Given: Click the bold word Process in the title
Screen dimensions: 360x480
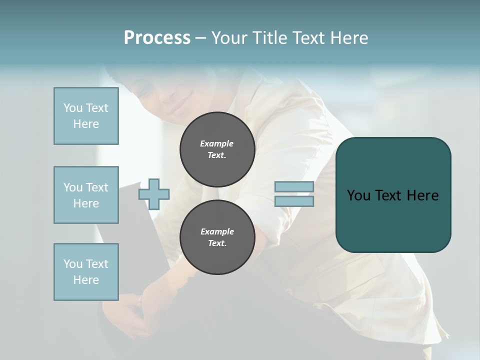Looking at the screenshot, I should point(157,38).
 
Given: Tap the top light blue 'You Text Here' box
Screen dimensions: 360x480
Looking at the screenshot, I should point(86,116).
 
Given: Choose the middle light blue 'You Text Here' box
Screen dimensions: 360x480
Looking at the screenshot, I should point(86,195).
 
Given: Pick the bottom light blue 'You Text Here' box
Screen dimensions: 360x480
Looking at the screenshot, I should point(86,272).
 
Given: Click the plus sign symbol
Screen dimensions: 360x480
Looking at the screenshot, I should point(154,194).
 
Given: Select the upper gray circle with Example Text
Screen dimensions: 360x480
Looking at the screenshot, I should point(217,149).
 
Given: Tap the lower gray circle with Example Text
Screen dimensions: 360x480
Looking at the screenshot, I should point(217,237).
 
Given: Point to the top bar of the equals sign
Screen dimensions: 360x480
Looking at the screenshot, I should point(294,187).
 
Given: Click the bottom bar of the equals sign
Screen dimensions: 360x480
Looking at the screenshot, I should point(294,201).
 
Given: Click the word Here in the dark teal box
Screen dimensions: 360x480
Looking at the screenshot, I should point(422,195).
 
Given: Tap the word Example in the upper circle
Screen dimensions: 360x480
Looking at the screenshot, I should point(217,143).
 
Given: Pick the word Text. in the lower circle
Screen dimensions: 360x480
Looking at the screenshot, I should point(217,243).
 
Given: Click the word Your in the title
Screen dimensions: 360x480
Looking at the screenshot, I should point(229,38).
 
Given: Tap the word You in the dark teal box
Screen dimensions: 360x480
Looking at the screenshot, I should point(358,195).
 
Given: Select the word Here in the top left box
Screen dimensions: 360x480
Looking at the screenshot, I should point(86,124).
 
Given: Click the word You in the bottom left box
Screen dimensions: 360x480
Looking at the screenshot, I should point(73,264).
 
